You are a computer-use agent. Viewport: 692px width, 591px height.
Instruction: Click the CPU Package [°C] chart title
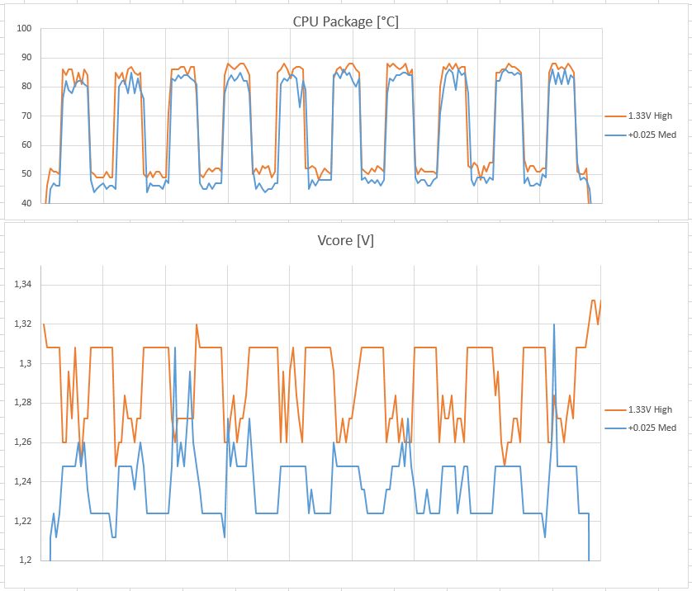[345, 22]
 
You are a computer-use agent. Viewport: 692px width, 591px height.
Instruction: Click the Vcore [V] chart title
[345, 240]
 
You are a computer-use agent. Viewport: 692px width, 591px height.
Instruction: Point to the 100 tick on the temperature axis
[24, 29]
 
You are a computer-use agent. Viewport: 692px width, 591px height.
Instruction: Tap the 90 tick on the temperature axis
[26, 58]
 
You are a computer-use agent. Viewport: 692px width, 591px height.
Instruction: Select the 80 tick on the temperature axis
[26, 87]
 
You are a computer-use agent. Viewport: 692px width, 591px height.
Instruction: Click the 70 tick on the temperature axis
[26, 116]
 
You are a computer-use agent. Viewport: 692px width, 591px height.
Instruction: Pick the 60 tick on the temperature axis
[26, 145]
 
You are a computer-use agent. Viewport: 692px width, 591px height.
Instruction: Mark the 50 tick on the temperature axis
[26, 174]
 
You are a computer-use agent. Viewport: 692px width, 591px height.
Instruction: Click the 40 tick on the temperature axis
[26, 203]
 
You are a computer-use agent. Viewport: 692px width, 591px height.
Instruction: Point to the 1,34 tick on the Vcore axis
[22, 285]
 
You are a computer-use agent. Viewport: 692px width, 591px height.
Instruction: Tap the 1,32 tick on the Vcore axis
[22, 324]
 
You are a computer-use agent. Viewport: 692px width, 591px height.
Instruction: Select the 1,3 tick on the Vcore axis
[25, 364]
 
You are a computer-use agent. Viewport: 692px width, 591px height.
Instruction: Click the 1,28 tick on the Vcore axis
[22, 403]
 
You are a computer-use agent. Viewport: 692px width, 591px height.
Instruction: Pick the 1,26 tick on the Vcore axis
[22, 442]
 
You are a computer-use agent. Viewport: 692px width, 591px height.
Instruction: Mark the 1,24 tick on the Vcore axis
[22, 482]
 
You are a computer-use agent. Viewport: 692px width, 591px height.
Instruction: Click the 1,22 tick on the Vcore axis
[22, 521]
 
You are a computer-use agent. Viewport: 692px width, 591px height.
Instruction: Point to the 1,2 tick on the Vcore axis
[25, 560]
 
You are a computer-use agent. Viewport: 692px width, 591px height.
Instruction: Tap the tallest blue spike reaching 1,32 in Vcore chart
[553, 325]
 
